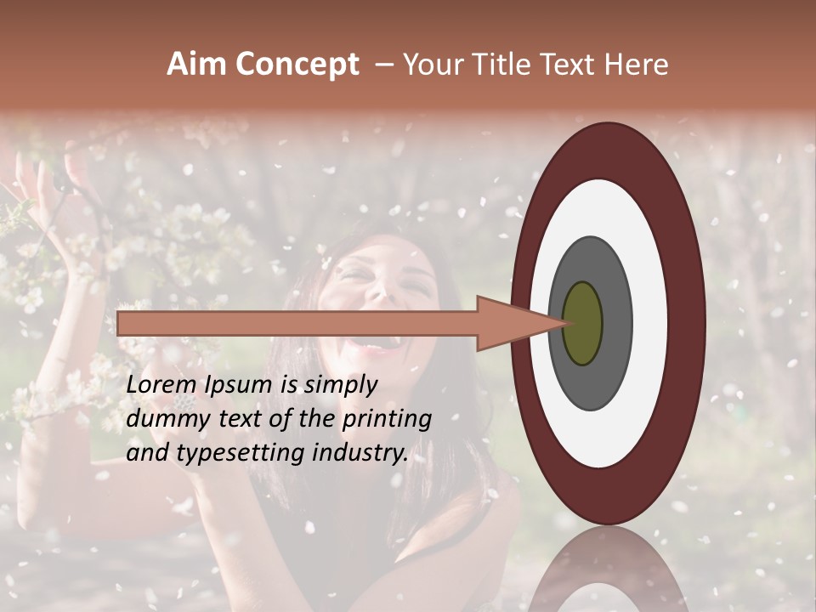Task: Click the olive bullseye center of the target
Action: pyautogui.click(x=582, y=324)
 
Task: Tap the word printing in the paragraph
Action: pyautogui.click(x=386, y=419)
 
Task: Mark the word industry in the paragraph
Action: pyautogui.click(x=360, y=453)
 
